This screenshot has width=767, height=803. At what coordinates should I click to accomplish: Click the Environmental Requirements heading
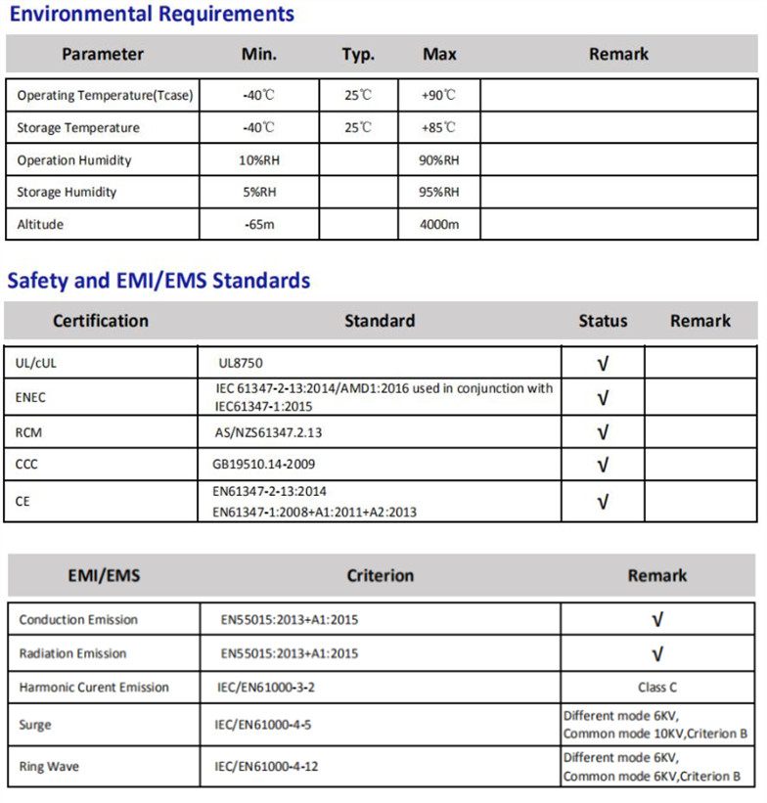click(151, 15)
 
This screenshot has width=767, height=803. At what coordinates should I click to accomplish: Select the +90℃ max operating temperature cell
click(438, 96)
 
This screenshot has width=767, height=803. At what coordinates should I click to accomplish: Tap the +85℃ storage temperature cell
click(438, 128)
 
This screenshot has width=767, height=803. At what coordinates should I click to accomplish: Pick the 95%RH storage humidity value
click(438, 193)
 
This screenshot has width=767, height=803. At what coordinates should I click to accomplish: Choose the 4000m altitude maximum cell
click(438, 225)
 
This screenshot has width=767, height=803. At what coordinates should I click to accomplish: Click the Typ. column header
click(358, 55)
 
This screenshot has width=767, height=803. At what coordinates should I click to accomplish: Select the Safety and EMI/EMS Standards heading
click(158, 282)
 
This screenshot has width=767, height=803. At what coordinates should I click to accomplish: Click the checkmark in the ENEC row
click(603, 397)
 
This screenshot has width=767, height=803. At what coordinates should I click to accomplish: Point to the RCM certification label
click(28, 431)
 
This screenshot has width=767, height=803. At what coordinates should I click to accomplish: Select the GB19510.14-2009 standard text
click(264, 465)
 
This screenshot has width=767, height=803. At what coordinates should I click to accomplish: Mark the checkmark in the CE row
click(603, 502)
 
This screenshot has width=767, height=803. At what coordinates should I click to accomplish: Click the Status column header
click(603, 321)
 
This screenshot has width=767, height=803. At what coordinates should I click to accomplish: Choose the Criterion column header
click(380, 576)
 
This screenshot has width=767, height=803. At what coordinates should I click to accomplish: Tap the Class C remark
click(657, 688)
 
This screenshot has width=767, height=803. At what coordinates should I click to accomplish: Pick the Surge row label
click(35, 726)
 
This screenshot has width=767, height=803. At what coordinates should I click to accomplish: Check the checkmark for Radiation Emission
click(657, 653)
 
